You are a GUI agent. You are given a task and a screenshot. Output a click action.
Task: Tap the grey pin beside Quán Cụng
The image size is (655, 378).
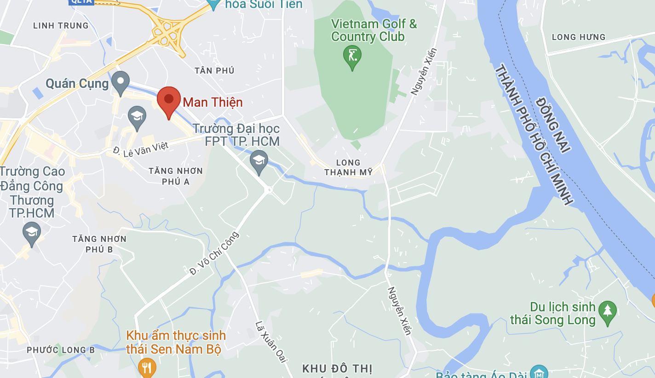click(x=121, y=82)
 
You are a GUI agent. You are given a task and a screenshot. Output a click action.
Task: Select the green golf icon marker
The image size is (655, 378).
click(x=352, y=56)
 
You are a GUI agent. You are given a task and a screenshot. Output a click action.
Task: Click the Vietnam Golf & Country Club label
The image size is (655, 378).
click(x=373, y=30)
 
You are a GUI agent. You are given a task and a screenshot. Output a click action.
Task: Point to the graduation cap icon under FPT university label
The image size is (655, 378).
click(x=259, y=161)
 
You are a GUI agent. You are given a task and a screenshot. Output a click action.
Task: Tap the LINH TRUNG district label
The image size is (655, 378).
click(x=61, y=26)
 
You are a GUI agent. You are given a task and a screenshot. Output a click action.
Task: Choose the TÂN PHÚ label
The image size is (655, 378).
click(x=214, y=70)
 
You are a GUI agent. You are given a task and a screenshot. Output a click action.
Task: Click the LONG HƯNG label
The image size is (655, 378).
click(x=578, y=37)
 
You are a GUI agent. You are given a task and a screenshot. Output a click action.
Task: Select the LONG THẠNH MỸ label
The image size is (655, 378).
click(x=348, y=167)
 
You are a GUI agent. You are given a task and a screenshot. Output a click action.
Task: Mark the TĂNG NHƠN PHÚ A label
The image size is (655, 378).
click(x=176, y=176)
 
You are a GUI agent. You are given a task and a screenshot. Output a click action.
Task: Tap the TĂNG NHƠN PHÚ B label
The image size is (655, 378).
click(x=99, y=244)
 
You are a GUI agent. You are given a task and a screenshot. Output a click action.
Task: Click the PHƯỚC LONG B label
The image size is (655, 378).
click(x=61, y=350)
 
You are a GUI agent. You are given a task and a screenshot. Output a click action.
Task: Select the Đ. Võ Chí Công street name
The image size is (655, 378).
click(x=214, y=253)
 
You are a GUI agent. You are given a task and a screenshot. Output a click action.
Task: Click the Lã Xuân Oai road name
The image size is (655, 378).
click(x=271, y=342)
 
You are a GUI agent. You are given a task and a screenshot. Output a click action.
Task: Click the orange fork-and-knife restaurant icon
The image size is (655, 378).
click(x=147, y=367)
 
